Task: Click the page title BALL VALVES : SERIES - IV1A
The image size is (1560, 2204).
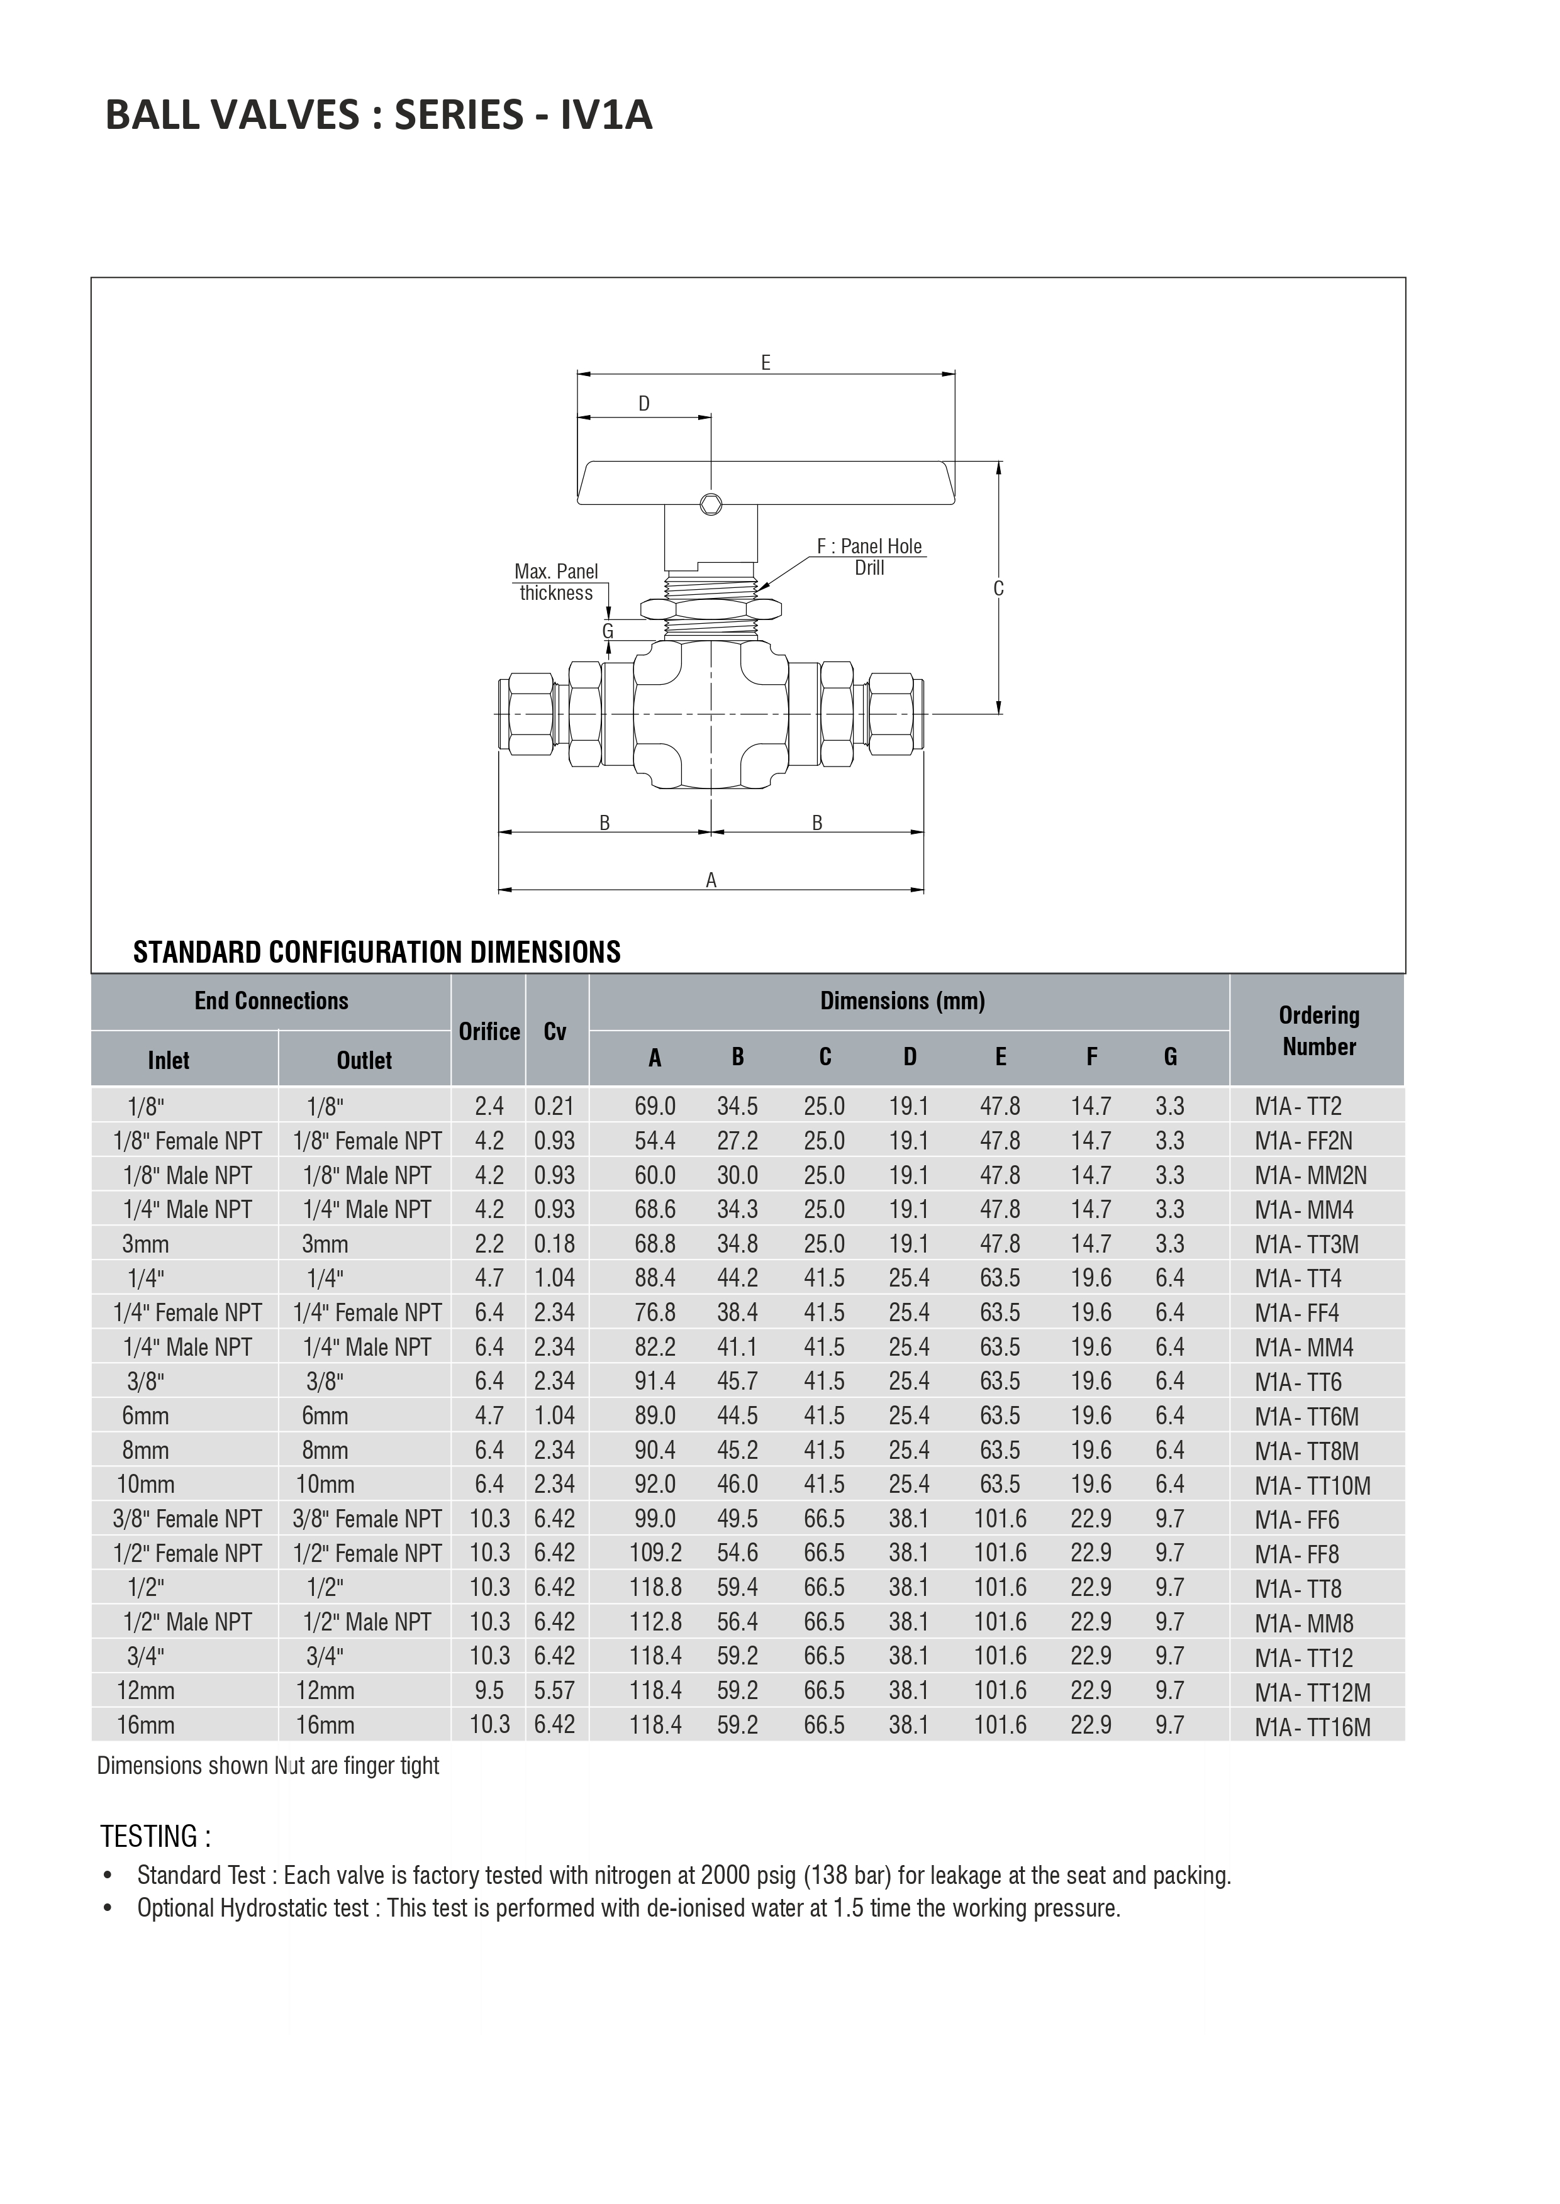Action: point(379,115)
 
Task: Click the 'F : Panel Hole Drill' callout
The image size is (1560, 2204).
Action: point(869,557)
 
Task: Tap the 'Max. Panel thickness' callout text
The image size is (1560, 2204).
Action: point(556,582)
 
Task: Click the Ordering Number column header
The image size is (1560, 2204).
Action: point(1319,1031)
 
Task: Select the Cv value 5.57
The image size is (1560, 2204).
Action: point(555,1690)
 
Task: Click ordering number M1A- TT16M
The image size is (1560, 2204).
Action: point(1312,1727)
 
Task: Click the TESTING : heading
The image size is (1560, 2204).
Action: point(155,1837)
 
